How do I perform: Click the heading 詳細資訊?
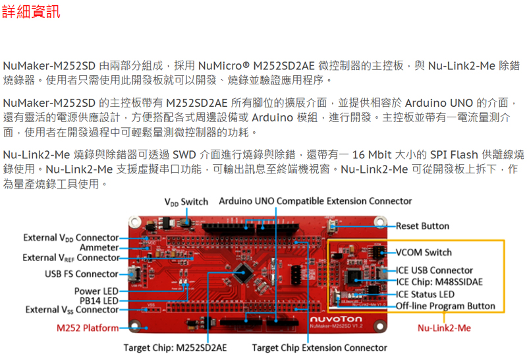(31, 11)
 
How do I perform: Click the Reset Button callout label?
(422, 226)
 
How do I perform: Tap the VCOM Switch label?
(424, 253)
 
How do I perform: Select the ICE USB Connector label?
(434, 270)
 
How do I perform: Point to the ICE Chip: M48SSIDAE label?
(439, 282)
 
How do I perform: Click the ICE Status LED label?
(425, 294)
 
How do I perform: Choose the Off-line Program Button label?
(445, 306)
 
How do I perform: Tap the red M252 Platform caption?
(88, 328)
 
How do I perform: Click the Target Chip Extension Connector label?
(319, 347)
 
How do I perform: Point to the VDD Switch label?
(186, 202)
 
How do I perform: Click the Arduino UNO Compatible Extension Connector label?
(315, 201)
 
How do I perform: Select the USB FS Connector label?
(82, 274)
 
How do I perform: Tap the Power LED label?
(96, 291)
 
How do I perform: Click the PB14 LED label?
(99, 301)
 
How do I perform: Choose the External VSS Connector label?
(72, 310)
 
